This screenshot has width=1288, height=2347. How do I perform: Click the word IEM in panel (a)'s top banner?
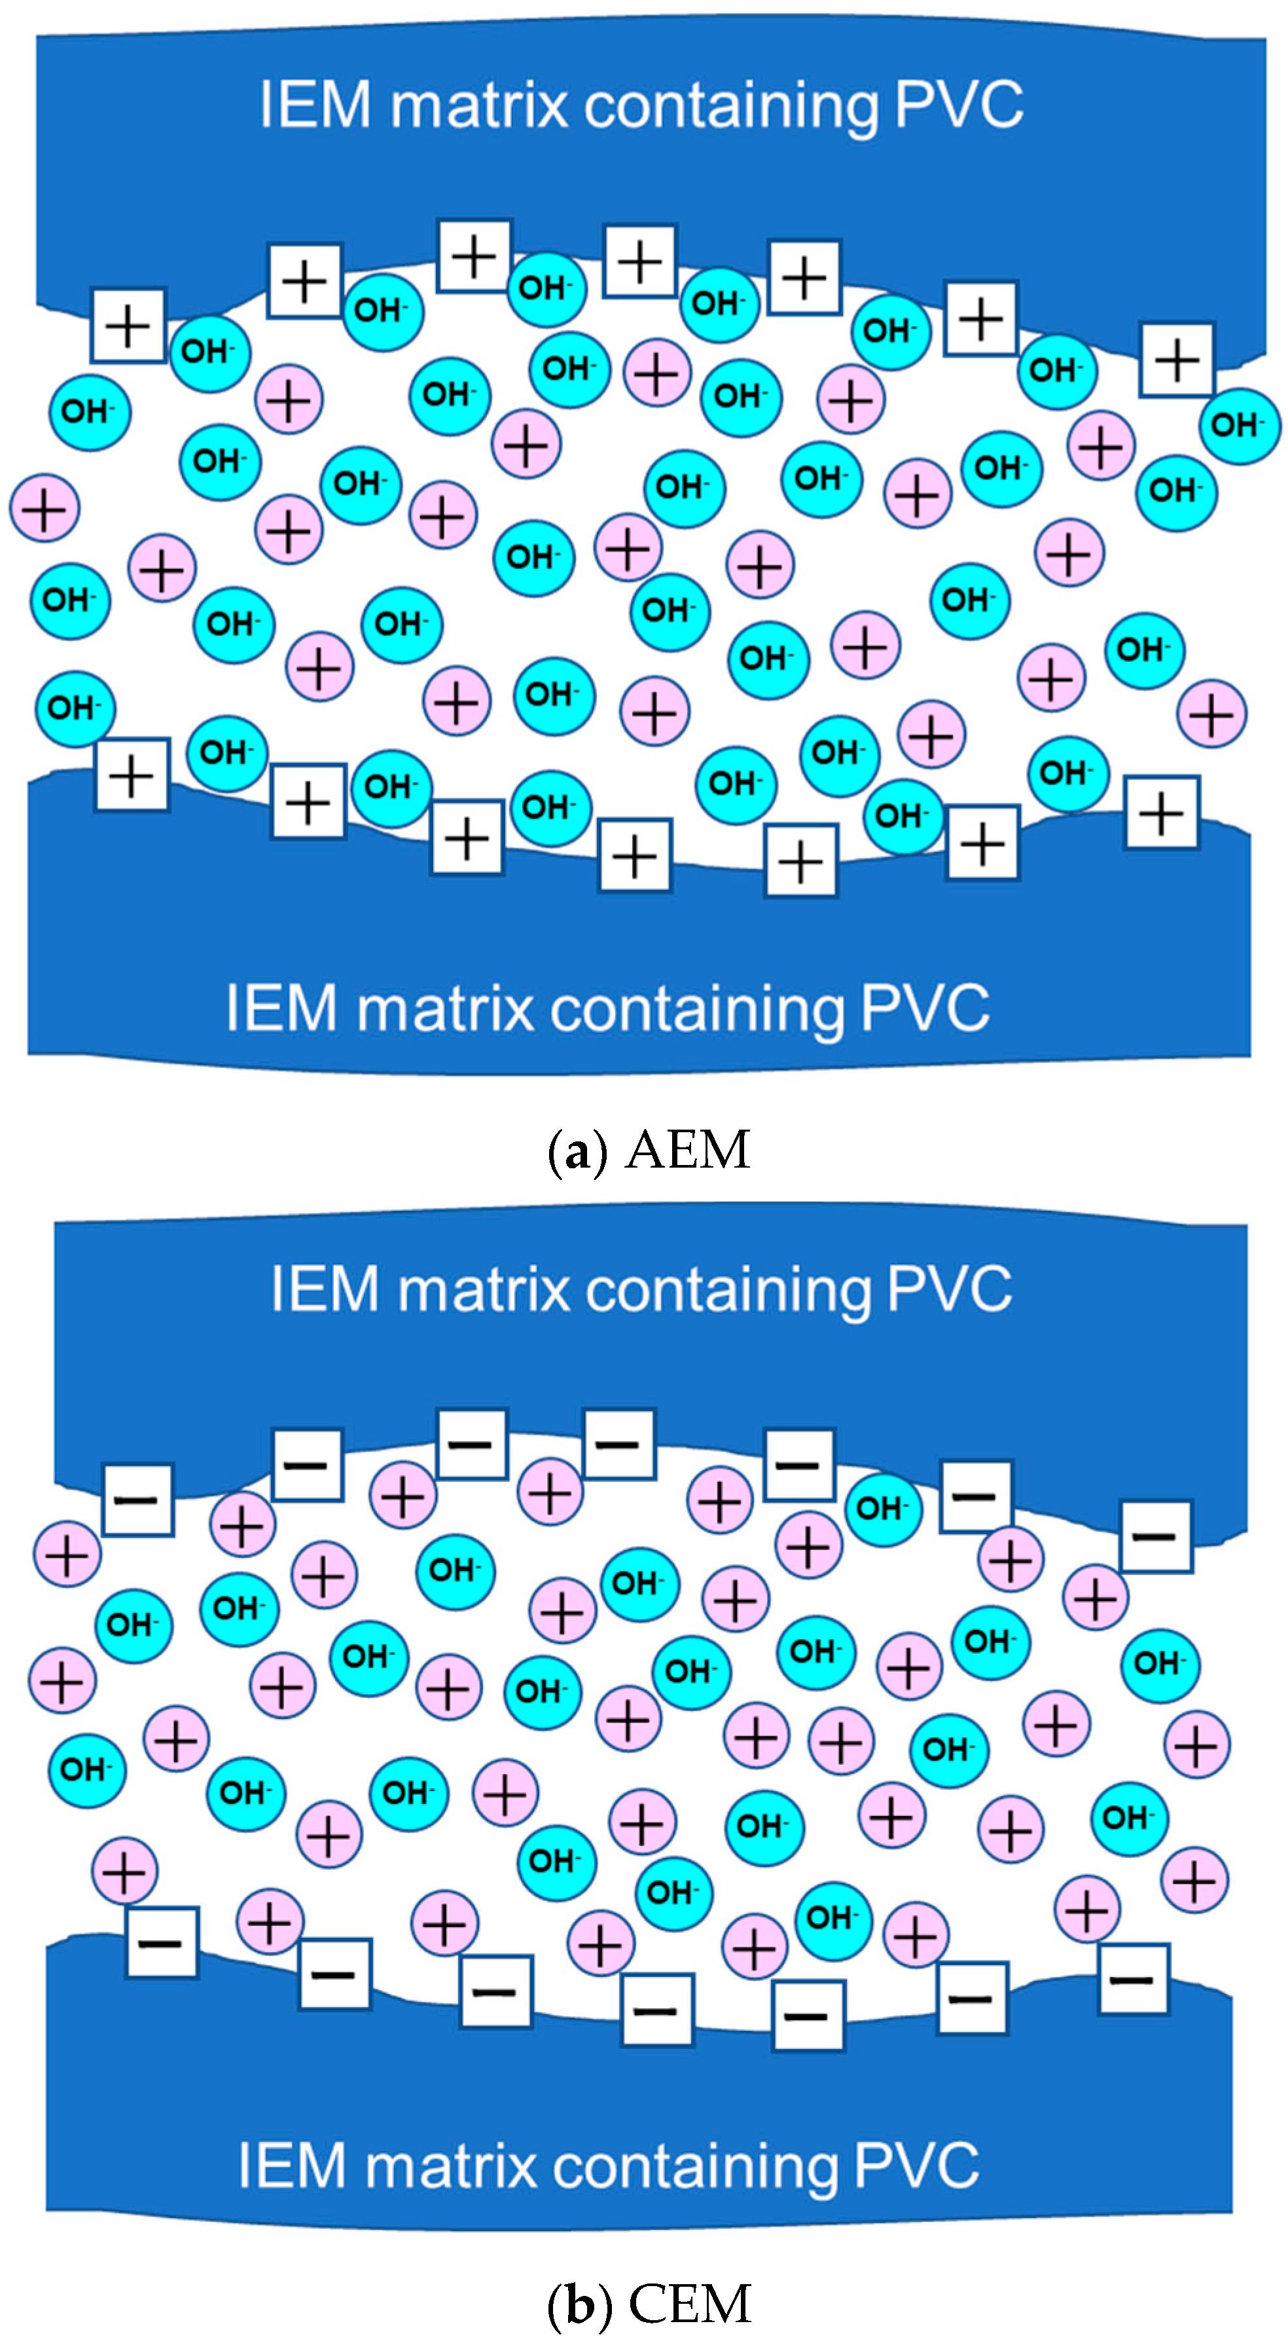click(315, 105)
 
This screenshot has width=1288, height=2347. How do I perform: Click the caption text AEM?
click(688, 1150)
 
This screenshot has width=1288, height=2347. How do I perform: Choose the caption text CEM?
click(690, 2303)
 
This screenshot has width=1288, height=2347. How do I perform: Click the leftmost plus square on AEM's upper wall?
click(128, 325)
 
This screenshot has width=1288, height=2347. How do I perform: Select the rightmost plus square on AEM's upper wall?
click(1176, 360)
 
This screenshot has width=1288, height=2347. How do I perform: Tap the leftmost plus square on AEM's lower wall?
click(132, 775)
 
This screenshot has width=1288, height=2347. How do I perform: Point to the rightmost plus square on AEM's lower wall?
click(1162, 813)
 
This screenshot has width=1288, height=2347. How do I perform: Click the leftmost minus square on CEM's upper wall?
click(137, 1500)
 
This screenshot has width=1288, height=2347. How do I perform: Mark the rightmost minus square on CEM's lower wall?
click(1133, 1980)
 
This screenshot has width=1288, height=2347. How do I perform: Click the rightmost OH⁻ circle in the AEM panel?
click(1239, 426)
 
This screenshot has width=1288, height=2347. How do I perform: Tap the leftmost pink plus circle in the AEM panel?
click(45, 508)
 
